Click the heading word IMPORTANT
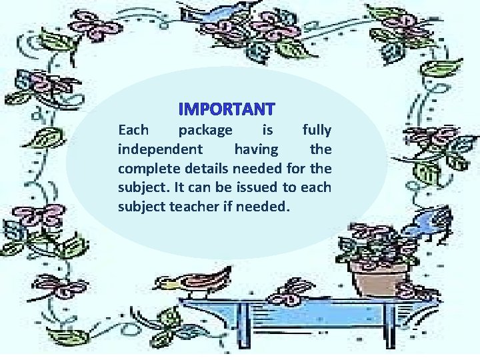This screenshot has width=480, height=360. click(227, 108)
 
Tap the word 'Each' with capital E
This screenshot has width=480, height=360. click(133, 129)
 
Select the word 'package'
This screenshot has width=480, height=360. click(206, 129)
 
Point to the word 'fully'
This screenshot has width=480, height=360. click(315, 129)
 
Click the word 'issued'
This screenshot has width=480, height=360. click(263, 187)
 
